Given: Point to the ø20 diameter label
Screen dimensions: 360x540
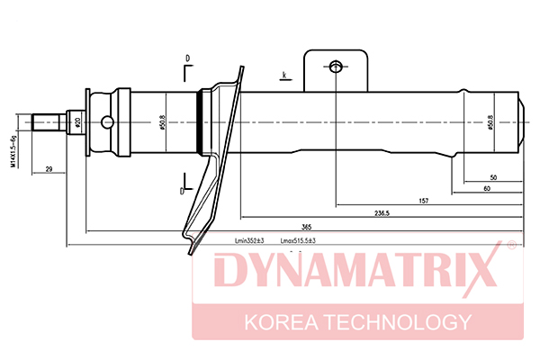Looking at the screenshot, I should click(78, 121).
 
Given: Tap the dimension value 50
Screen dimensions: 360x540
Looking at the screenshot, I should click(493, 177).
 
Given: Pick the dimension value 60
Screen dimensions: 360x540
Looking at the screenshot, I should click(486, 188).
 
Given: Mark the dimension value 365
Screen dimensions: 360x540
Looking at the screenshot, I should click(306, 227).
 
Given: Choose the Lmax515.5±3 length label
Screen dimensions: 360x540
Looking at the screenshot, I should click(299, 241).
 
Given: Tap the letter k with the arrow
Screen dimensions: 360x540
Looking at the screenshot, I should click(284, 73).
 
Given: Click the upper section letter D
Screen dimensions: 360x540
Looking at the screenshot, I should click(187, 59).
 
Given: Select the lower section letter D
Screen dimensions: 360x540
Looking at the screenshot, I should click(182, 191).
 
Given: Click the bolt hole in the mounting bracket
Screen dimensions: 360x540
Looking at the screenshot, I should click(336, 67).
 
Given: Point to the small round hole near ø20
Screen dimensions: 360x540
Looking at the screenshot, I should click(107, 121).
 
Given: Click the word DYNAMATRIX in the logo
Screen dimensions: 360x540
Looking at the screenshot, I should click(346, 271).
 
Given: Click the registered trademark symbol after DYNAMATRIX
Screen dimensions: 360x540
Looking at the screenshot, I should click(510, 245).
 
